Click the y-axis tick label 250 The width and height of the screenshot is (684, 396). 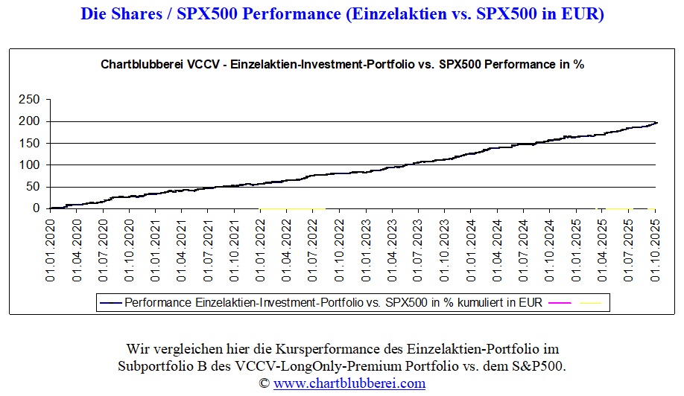point(30,99)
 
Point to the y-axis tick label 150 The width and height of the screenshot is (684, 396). point(30,143)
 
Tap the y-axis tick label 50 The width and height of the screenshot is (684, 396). point(33,187)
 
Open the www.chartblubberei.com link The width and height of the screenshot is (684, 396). point(349,383)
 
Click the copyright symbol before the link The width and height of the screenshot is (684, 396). point(264,383)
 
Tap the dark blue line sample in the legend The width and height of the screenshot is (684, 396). point(110,303)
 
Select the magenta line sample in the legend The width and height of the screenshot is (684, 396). point(558,303)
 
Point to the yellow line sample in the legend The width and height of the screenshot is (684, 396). point(589,303)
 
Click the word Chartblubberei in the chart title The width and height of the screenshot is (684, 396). point(137,65)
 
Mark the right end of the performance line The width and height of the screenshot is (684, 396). point(656,122)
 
